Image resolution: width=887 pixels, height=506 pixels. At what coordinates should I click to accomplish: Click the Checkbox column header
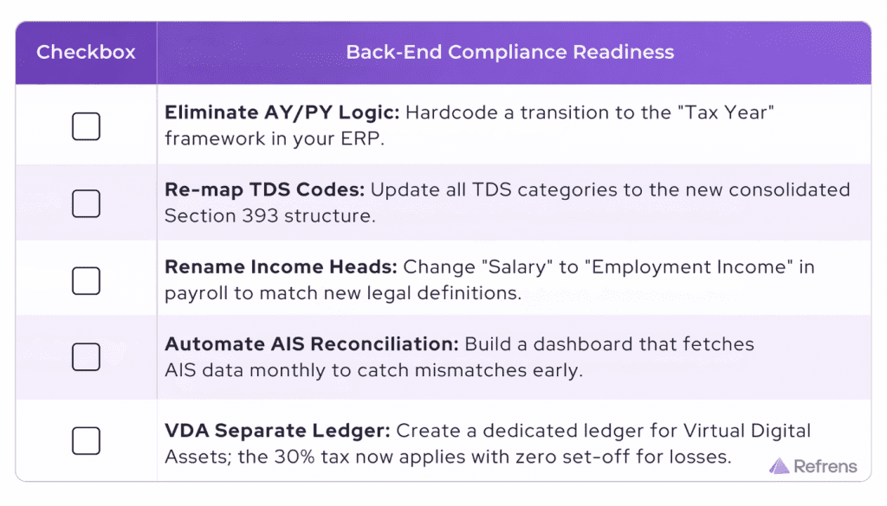[86, 52]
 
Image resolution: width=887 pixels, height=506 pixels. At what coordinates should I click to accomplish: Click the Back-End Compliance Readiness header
[509, 52]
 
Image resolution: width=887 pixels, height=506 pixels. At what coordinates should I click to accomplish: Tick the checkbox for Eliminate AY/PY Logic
[86, 126]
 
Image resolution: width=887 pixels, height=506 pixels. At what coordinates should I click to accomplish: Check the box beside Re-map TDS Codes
[86, 203]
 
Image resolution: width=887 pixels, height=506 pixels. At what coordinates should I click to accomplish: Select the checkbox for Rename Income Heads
[86, 280]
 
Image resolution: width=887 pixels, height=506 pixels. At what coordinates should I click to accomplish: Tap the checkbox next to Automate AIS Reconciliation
[86, 357]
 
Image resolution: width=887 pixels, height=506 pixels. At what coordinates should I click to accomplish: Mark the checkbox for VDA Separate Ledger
[86, 440]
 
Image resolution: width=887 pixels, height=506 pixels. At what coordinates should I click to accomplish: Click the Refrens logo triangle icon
[779, 466]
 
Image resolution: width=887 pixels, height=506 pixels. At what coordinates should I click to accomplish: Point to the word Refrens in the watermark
[825, 466]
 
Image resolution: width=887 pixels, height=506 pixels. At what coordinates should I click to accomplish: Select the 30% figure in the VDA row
[295, 457]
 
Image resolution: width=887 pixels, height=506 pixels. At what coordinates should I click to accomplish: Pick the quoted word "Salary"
[517, 266]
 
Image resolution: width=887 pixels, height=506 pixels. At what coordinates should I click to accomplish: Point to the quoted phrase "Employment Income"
[689, 267]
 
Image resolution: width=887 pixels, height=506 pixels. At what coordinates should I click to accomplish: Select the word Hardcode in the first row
[451, 112]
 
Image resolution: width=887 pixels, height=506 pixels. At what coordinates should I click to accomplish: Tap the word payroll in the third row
[197, 294]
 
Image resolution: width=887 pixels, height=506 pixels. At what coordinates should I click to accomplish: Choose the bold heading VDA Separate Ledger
[277, 431]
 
